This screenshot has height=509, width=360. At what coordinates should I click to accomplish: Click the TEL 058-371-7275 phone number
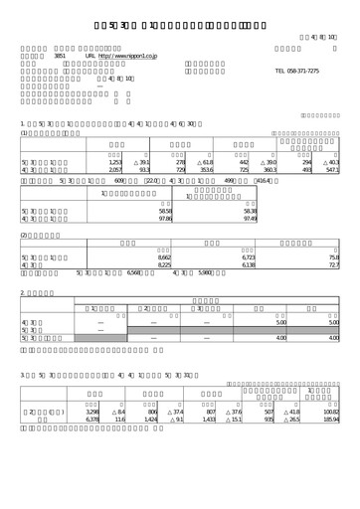click(x=297, y=73)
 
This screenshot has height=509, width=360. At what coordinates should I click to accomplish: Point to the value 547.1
click(x=330, y=171)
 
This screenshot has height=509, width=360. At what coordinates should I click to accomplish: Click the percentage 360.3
click(x=270, y=171)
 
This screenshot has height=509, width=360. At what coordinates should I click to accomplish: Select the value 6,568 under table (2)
click(x=134, y=274)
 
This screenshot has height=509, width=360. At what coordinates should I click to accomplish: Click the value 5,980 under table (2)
click(x=206, y=274)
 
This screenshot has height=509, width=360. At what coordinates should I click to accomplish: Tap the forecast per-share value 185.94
click(x=331, y=447)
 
